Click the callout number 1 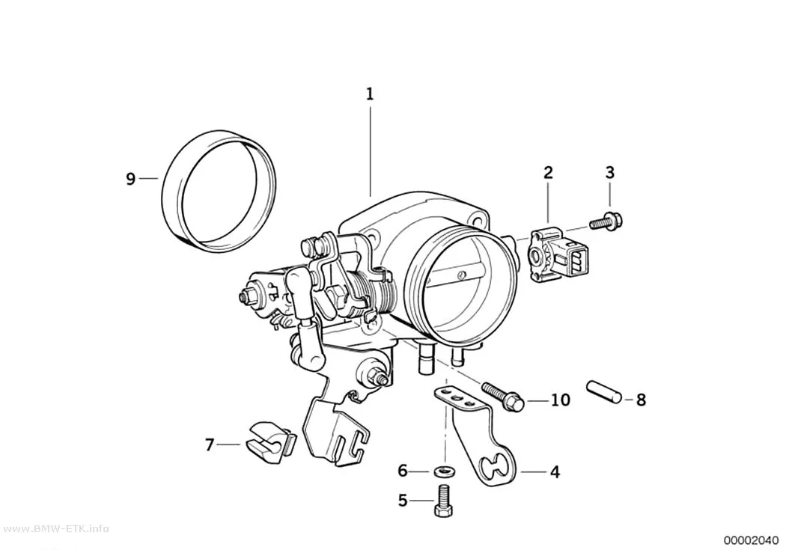pos(370,94)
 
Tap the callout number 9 pos(130,178)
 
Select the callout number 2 pos(549,172)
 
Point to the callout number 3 pos(609,172)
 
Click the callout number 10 pos(561,400)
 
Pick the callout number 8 pos(641,400)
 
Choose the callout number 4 pos(555,472)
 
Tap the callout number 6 pos(403,471)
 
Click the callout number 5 pos(403,500)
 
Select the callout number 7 pos(210,444)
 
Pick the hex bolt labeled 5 pos(444,501)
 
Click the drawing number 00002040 pos(752,540)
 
